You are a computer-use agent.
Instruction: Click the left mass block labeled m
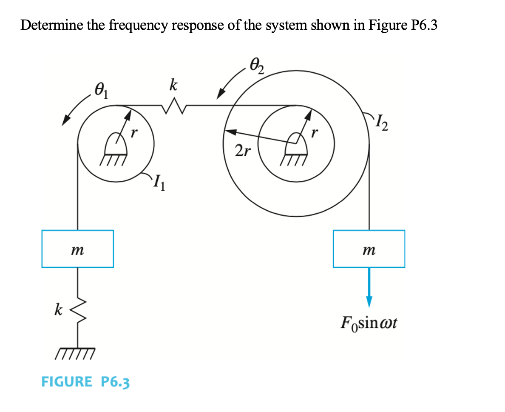[77, 249]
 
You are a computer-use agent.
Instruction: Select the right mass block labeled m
[369, 249]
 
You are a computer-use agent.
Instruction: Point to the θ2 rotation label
[257, 66]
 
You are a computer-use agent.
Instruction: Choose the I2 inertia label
[382, 124]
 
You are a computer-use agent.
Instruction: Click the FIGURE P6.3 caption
[85, 382]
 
